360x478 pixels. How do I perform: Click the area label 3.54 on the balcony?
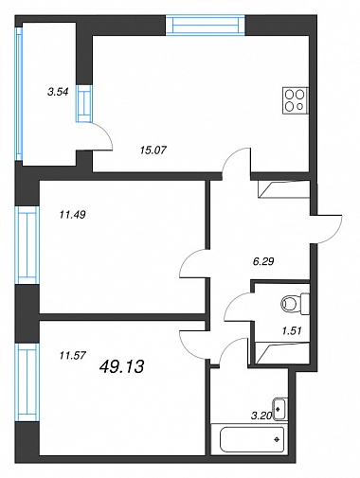point(58,92)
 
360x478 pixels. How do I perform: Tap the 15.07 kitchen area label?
point(153,150)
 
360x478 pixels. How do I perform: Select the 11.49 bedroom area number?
point(73,215)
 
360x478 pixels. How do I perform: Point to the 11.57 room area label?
point(73,356)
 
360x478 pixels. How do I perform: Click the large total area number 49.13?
point(121,366)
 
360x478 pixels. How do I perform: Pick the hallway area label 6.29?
point(263,261)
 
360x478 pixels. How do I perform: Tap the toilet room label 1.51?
point(292,330)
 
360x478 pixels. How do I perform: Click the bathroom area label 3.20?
point(261,416)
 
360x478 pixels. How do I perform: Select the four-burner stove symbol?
point(296,100)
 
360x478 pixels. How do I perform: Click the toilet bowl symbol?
point(295,304)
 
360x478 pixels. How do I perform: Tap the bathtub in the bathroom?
point(252,439)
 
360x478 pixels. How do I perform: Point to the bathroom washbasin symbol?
point(280,409)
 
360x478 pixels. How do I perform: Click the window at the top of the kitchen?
point(206,25)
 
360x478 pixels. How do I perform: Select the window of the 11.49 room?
point(27,245)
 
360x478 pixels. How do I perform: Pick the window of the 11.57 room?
point(27,382)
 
